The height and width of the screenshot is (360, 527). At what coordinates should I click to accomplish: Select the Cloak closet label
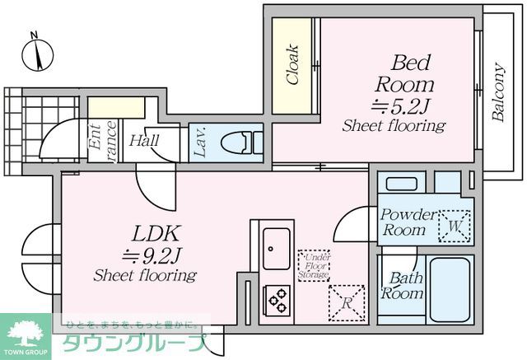click(292, 63)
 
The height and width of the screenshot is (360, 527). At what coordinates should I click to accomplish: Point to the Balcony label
click(498, 93)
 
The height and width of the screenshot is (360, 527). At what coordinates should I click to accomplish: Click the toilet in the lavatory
click(244, 143)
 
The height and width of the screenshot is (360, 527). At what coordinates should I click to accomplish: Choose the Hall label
click(143, 140)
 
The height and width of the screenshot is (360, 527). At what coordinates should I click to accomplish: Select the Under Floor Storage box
click(313, 264)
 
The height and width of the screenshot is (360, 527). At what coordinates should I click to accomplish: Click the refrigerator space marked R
click(345, 302)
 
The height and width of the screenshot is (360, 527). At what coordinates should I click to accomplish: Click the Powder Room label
click(408, 222)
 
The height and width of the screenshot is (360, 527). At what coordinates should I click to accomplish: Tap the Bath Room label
click(405, 285)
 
